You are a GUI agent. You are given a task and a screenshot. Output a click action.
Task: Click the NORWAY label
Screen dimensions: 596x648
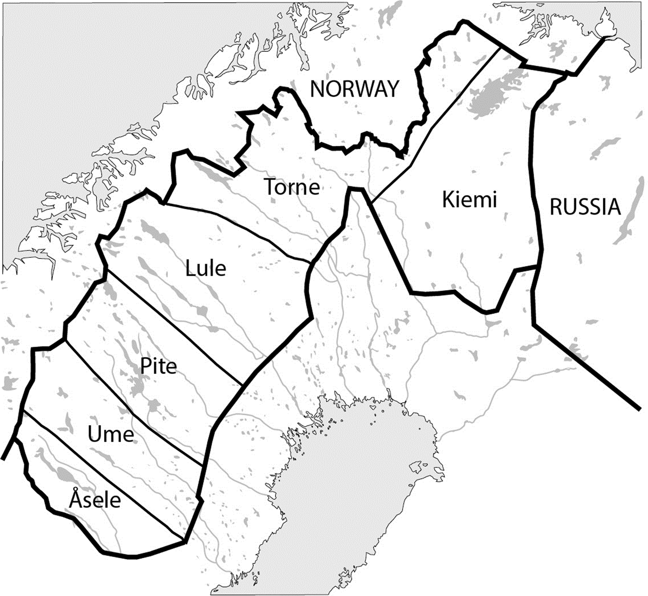pyautogui.click(x=354, y=89)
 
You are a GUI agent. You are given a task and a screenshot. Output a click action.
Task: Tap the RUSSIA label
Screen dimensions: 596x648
pyautogui.click(x=585, y=207)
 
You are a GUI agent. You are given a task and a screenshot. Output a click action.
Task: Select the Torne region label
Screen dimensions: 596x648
pyautogui.click(x=292, y=187)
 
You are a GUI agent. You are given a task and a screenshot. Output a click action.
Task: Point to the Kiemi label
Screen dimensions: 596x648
pyautogui.click(x=469, y=200)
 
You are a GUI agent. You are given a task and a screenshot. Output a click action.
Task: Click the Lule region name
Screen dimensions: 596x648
pyautogui.click(x=206, y=268)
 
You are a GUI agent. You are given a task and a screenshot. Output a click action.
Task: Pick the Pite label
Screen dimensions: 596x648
pyautogui.click(x=159, y=366)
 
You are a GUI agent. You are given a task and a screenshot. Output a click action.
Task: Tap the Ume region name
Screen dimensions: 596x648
pyautogui.click(x=110, y=434)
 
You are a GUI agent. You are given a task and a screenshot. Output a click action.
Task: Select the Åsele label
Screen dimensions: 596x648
pyautogui.click(x=95, y=500)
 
